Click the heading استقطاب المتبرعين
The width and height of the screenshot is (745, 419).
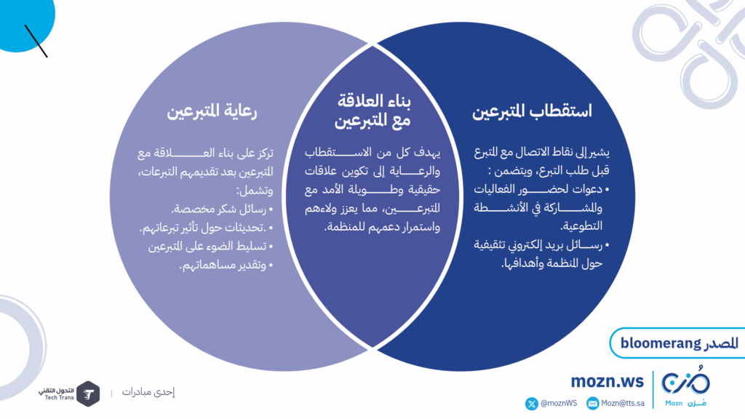pyautogui.click(x=532, y=111)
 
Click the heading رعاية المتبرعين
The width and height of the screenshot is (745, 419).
pyautogui.click(x=212, y=111)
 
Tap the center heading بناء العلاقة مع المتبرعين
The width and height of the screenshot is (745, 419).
pyautogui.click(x=373, y=111)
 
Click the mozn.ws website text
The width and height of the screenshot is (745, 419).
pyautogui.click(x=607, y=381)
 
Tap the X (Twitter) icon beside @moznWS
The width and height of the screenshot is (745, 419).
pyautogui.click(x=532, y=404)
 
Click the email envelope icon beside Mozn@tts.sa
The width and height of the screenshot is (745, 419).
pyautogui.click(x=592, y=404)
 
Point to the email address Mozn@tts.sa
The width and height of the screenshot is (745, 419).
pyautogui.click(x=623, y=403)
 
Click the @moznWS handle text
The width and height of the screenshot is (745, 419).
pyautogui.click(x=559, y=403)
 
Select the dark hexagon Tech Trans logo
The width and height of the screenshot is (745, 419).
pyautogui.click(x=88, y=394)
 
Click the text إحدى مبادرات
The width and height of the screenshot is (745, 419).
pyautogui.click(x=148, y=392)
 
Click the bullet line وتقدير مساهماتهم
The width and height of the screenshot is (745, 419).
pyautogui.click(x=226, y=265)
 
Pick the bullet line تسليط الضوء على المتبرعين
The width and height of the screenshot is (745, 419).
pyautogui.click(x=210, y=247)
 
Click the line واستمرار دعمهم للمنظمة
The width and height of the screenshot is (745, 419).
pyautogui.click(x=382, y=227)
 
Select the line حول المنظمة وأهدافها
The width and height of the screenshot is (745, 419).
pyautogui.click(x=551, y=263)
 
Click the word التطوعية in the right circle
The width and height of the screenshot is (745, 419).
pyautogui.click(x=581, y=226)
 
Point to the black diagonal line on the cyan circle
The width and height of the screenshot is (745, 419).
pyautogui.click(x=36, y=41)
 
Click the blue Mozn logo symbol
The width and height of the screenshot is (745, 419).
pyautogui.click(x=685, y=381)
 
